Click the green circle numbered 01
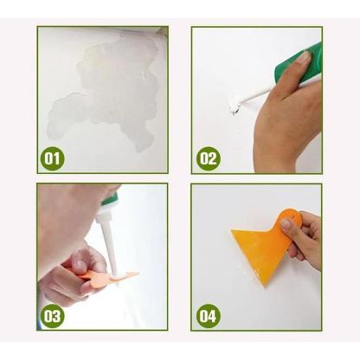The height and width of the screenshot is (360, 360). pyautogui.click(x=53, y=158)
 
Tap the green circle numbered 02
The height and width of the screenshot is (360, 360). pyautogui.click(x=208, y=158)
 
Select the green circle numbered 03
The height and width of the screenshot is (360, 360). pyautogui.click(x=53, y=315)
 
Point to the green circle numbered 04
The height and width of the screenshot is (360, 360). pyautogui.click(x=208, y=315)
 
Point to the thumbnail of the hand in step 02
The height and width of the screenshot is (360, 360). pyautogui.click(x=303, y=60)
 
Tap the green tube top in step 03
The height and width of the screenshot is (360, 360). pyautogui.click(x=109, y=200)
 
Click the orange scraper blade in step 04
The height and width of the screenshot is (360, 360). pyautogui.click(x=260, y=247)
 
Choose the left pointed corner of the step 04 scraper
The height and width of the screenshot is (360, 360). pyautogui.click(x=232, y=232)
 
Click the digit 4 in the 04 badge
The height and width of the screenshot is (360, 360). pyautogui.click(x=212, y=315)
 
